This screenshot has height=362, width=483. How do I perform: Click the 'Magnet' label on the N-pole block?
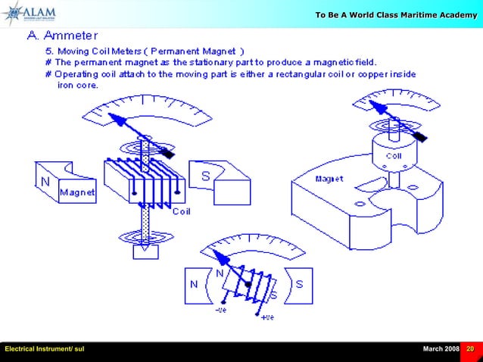[x=78, y=193]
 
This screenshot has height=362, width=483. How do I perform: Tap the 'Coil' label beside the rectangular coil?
[x=182, y=211]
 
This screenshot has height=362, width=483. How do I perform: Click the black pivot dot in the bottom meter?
[x=248, y=285]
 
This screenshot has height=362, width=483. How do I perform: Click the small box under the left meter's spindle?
[x=145, y=251]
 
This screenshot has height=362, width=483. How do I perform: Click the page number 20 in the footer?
[x=471, y=348]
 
